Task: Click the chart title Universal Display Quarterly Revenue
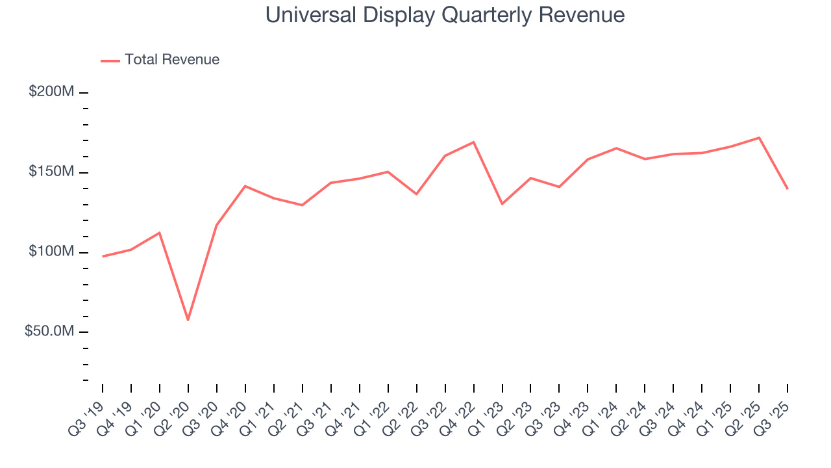(x=445, y=15)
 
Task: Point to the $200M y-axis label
(x=51, y=92)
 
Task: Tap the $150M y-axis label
(x=51, y=172)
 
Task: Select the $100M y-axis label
(x=51, y=252)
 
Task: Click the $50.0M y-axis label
(x=49, y=331)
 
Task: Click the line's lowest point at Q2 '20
(x=188, y=320)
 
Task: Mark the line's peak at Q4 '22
(x=474, y=142)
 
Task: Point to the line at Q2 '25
(x=759, y=138)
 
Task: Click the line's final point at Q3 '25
(x=788, y=188)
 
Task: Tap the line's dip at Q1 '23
(x=502, y=204)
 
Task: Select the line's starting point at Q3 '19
(x=103, y=256)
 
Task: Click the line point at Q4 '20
(x=245, y=186)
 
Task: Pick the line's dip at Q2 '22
(x=417, y=194)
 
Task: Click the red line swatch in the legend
(x=110, y=60)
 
